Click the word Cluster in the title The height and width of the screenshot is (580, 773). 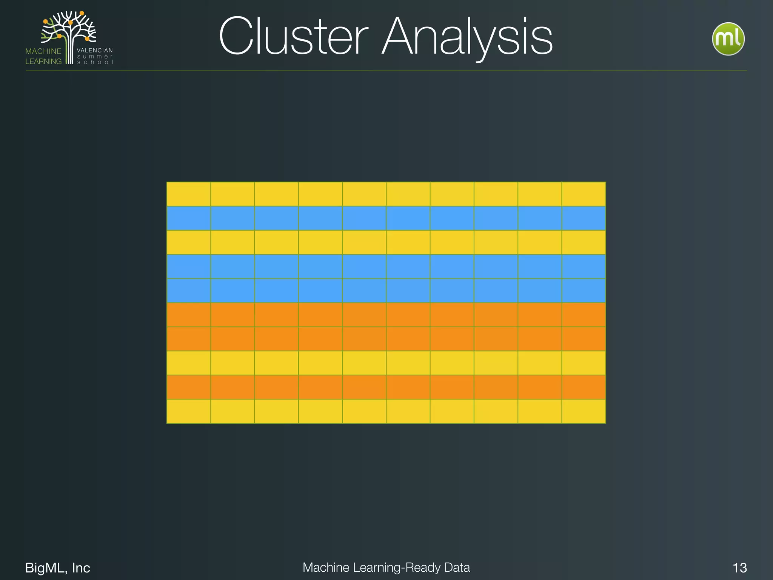(x=293, y=37)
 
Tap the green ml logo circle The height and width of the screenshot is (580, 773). (x=728, y=39)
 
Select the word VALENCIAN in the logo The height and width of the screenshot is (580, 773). (x=95, y=50)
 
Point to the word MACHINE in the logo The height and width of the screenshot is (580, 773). (x=43, y=51)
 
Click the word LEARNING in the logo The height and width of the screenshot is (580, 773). (x=43, y=61)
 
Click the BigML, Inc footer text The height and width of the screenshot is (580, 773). (x=57, y=568)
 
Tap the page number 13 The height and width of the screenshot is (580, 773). (x=739, y=568)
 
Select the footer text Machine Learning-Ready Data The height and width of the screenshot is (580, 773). (x=386, y=567)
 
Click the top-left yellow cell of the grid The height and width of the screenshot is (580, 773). (x=189, y=194)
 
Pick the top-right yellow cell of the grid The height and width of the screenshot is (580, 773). (x=584, y=194)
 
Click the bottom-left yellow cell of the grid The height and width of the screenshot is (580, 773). (x=189, y=411)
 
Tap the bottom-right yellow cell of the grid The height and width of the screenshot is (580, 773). (x=584, y=411)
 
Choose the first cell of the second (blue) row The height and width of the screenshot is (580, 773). (x=189, y=218)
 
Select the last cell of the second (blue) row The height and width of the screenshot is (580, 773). (x=584, y=218)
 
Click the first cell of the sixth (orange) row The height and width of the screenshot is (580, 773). (x=189, y=315)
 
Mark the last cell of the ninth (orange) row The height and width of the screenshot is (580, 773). (x=584, y=387)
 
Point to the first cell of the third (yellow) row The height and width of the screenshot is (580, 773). (x=189, y=242)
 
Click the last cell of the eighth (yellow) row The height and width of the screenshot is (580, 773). (x=584, y=363)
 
